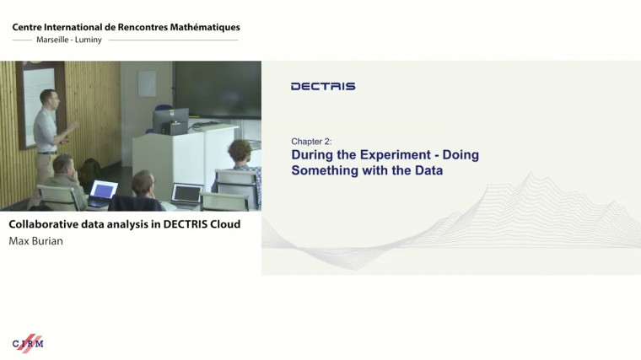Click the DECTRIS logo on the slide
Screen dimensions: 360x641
[322, 86]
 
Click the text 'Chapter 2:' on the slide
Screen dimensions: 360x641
[311, 142]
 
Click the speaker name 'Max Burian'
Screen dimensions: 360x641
[35, 240]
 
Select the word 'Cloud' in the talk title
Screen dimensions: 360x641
[222, 224]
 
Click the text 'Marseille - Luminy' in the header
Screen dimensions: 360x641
[69, 40]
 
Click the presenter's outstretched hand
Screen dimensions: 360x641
[75, 125]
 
